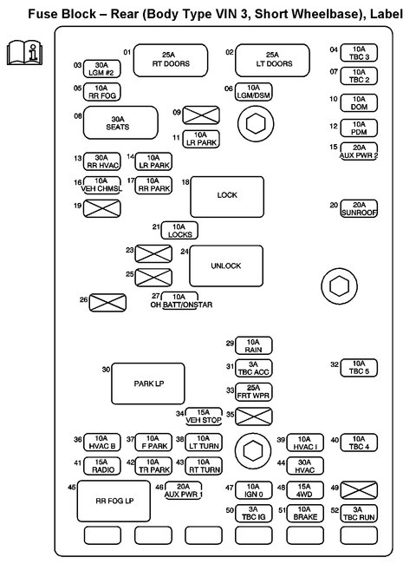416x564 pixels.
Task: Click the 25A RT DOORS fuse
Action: (171, 59)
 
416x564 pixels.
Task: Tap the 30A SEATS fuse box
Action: (120, 122)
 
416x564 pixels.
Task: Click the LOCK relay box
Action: (226, 195)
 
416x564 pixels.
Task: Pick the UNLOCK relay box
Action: (226, 266)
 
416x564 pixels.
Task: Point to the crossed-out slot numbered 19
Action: (101, 207)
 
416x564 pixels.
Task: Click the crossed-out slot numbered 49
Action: (359, 489)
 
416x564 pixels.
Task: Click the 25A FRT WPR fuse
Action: (254, 390)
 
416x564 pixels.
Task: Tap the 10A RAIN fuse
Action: (254, 344)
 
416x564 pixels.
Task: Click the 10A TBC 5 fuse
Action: (359, 367)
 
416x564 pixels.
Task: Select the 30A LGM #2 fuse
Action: (101, 68)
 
